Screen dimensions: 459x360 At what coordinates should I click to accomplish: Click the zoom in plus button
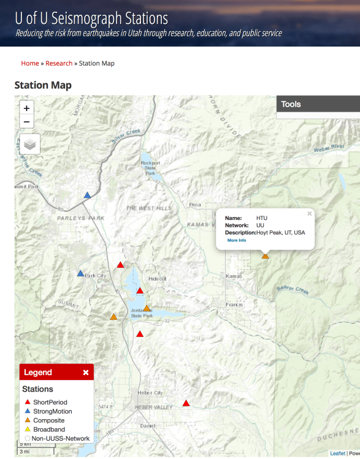click(26, 108)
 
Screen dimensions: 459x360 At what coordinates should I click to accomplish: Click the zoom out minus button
click(26, 122)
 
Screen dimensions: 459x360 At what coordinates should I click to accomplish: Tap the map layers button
click(29, 145)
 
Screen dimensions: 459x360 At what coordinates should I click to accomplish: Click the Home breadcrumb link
click(30, 63)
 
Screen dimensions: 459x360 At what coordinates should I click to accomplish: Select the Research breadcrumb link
click(59, 63)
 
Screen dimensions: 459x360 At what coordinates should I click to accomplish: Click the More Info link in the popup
click(237, 240)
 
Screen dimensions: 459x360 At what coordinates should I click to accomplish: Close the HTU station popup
click(310, 214)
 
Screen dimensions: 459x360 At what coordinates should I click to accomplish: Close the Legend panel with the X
click(86, 372)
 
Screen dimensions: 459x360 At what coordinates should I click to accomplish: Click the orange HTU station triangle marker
click(266, 256)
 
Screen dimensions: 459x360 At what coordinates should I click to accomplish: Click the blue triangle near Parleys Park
click(88, 195)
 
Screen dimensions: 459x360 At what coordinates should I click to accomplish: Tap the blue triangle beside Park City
click(80, 273)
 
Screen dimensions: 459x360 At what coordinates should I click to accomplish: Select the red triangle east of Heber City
click(186, 403)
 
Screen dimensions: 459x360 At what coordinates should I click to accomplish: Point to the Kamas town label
click(234, 276)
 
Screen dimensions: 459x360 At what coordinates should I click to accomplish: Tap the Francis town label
click(234, 305)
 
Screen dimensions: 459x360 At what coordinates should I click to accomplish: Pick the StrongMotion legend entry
click(52, 411)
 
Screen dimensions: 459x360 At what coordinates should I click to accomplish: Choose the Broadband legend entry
click(49, 430)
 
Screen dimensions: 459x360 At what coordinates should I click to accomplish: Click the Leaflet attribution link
click(337, 453)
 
